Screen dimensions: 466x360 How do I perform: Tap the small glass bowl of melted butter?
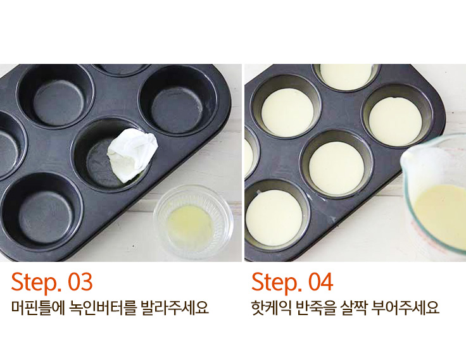point(193,222)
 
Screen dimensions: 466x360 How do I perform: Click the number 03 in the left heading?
point(80,282)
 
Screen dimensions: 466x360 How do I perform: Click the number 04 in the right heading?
point(320,282)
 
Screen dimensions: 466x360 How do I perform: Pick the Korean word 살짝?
point(354,308)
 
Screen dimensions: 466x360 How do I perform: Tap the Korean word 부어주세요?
point(405,308)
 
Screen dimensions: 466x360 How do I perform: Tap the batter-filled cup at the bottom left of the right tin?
point(274,218)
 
